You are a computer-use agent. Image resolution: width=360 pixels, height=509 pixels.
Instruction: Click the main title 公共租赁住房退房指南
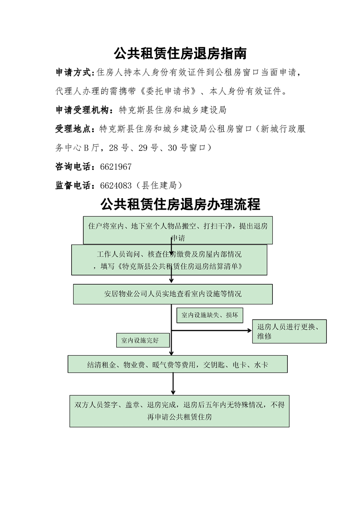coord(180,53)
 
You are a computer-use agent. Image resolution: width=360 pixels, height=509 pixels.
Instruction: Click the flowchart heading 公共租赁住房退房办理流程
coord(180,205)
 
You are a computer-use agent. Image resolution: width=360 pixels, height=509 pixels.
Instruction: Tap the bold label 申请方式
coord(74,73)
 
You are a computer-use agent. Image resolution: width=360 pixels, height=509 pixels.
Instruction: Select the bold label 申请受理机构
coord(83,110)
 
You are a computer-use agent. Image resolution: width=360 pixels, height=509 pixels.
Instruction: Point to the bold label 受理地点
coord(74,129)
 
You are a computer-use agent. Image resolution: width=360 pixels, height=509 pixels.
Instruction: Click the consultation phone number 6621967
coord(116,167)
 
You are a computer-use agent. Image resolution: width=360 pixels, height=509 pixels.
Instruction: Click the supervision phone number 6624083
coord(116,186)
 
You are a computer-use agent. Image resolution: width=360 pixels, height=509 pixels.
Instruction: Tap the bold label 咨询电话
coord(74,167)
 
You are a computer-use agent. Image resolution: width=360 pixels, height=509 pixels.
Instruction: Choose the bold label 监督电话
coord(74,186)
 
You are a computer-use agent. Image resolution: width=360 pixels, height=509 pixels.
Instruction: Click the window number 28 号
coord(119,148)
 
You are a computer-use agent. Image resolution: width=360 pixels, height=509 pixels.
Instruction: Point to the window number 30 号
coord(178,148)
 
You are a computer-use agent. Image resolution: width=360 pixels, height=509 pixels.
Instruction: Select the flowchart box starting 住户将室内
coord(178,230)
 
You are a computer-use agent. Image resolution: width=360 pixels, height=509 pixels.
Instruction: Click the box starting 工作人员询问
coord(169,260)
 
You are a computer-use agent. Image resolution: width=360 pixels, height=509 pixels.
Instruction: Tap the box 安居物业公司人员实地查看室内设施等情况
coord(173,294)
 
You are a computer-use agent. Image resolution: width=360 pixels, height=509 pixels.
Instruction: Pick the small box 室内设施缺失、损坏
coord(210,315)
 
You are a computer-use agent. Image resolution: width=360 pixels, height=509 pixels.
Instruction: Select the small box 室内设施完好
coord(143,340)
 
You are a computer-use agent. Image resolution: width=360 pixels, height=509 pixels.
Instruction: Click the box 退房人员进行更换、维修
coord(290,332)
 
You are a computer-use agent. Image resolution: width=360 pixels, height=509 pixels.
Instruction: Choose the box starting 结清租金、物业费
coord(178,364)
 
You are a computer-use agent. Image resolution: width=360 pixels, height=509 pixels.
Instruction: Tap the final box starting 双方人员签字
coord(179,411)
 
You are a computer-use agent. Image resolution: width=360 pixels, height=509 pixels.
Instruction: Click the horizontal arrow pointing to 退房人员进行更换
coord(212,330)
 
